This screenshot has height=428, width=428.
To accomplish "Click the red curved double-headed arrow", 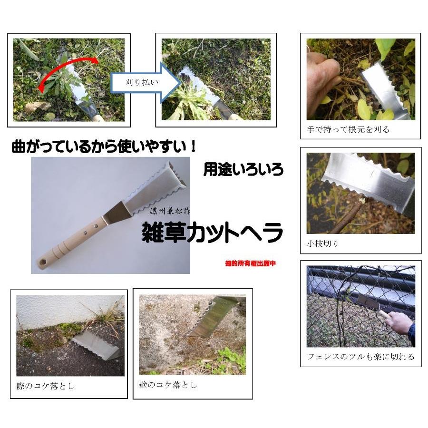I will tap(67, 71).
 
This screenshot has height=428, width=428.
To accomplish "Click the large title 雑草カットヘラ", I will tap(213, 233).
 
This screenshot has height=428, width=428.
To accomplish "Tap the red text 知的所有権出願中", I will tap(251, 263).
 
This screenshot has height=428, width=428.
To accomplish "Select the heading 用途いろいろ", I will tap(243, 169).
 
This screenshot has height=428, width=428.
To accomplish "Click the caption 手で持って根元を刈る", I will tap(348, 129).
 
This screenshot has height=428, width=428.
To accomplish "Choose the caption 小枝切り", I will tap(323, 244).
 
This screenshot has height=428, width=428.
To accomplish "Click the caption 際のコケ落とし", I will tap(45, 386).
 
